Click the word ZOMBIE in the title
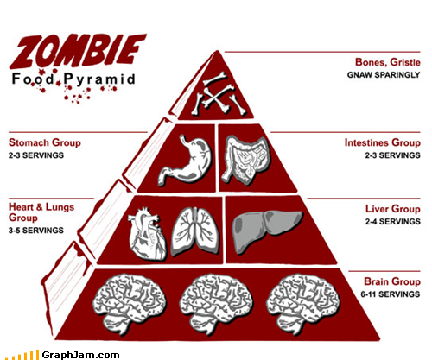point(78,51)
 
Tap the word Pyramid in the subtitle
point(99,79)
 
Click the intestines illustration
point(246,160)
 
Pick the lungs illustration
point(195,231)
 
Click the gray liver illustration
point(267,231)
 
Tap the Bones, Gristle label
point(388,62)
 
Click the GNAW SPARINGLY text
point(384,75)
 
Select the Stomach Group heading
point(45,142)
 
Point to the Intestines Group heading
point(383,142)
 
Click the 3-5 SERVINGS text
point(36,231)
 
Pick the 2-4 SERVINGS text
point(393,221)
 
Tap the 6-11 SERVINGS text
point(391,294)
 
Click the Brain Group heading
point(392,281)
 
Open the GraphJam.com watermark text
point(80,355)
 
